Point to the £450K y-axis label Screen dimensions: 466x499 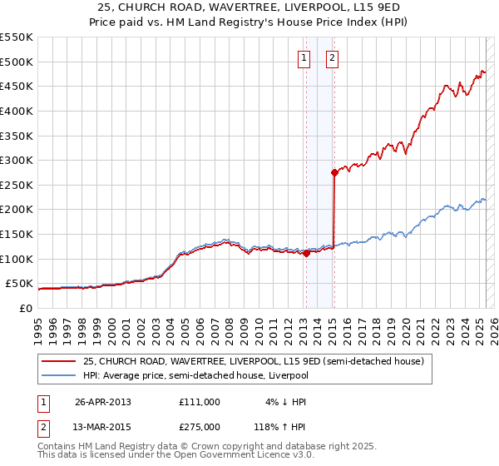(17, 87)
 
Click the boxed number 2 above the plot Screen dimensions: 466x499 (332, 58)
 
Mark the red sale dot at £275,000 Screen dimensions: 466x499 (334, 173)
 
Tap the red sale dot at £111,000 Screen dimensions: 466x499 (306, 254)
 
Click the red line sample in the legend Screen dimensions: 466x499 (59, 361)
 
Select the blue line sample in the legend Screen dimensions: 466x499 (59, 375)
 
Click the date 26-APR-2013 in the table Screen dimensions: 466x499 (103, 402)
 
